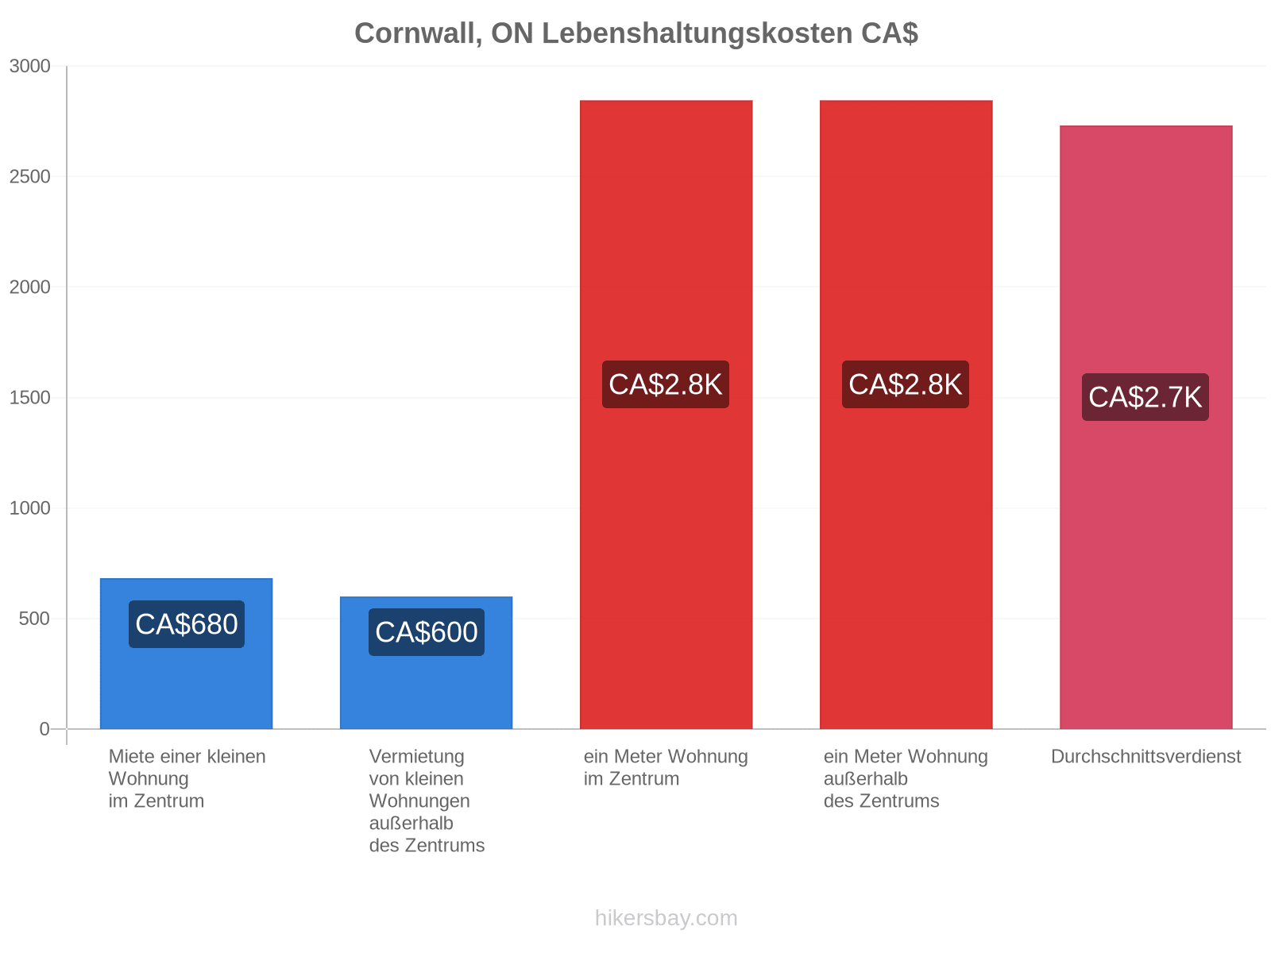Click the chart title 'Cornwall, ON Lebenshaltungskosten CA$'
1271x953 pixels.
tap(635, 33)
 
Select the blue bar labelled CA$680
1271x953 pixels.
tap(186, 654)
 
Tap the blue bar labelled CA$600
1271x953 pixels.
tap(426, 662)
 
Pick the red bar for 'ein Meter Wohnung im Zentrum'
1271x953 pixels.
tap(666, 415)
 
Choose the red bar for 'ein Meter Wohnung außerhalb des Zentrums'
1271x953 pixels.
tap(906, 415)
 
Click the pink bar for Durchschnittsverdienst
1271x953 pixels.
tap(1145, 427)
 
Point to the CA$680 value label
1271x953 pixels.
tap(187, 623)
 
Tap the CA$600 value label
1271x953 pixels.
tap(426, 632)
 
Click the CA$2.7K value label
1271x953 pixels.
tap(1145, 397)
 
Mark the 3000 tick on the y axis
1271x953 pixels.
tap(29, 66)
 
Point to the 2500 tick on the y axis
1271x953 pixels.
tap(29, 176)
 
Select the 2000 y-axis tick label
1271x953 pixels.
tap(29, 287)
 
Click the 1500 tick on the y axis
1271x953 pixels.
tap(29, 398)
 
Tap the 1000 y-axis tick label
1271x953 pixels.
tap(29, 508)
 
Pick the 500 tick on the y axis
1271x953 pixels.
tap(34, 619)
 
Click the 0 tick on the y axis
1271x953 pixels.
tap(44, 729)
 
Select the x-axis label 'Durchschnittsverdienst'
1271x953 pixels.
tap(1145, 756)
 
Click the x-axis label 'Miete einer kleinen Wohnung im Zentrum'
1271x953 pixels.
tap(187, 778)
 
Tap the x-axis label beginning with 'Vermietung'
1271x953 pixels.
tap(426, 801)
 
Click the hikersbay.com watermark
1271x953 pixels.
tap(666, 918)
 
